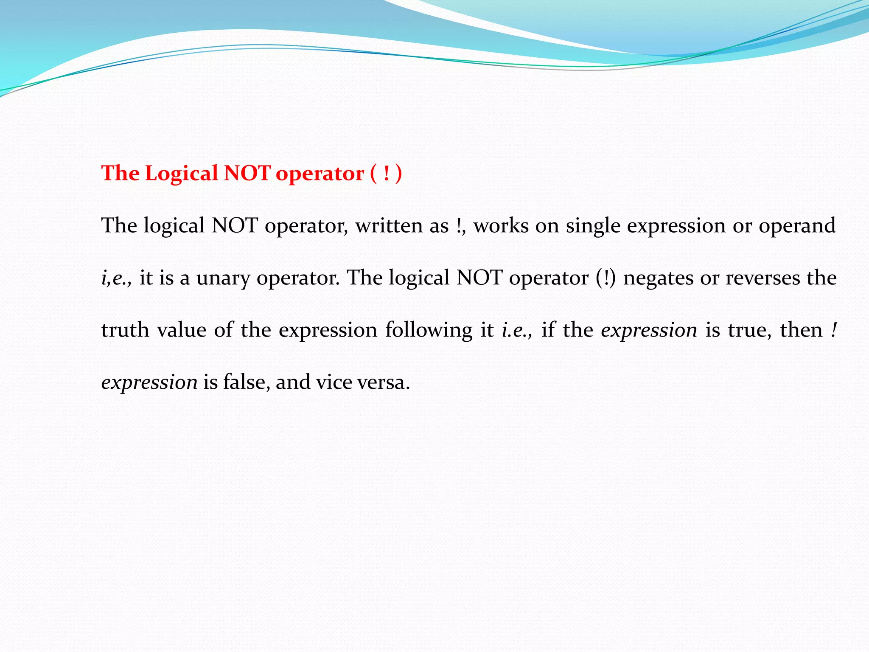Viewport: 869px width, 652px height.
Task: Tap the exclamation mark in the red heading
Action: pos(386,173)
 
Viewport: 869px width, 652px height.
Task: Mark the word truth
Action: pos(125,330)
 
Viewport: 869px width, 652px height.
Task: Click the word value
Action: pos(182,330)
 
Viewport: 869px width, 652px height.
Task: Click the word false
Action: pos(247,382)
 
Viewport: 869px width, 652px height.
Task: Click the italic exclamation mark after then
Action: pos(834,330)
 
